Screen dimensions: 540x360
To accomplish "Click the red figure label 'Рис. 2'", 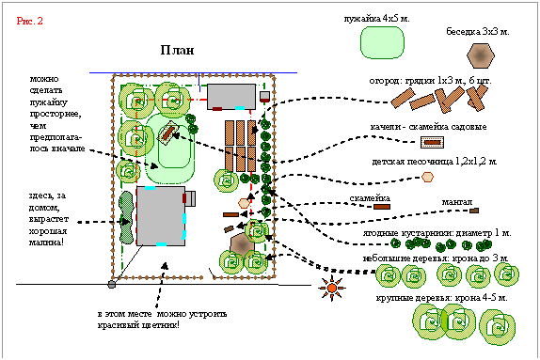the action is click(x=29, y=21).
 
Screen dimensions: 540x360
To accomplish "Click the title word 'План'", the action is click(x=177, y=50).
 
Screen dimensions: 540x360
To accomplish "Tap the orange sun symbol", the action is click(x=332, y=288).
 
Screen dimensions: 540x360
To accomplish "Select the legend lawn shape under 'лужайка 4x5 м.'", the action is click(x=382, y=42).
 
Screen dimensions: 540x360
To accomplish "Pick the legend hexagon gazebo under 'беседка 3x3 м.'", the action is click(x=481, y=55).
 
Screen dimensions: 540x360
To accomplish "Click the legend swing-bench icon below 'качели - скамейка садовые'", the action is click(x=432, y=142).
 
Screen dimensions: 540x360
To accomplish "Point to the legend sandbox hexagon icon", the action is click(x=427, y=177).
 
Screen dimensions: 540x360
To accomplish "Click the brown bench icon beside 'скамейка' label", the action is click(x=382, y=207).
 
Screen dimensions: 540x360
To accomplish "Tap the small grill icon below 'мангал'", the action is click(x=474, y=211).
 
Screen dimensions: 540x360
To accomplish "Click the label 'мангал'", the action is click(x=457, y=202).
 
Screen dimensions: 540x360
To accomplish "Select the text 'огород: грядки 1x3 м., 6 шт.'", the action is click(x=430, y=81).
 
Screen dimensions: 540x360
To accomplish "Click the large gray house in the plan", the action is click(x=161, y=216).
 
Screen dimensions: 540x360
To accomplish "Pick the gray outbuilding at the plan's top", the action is click(x=231, y=97).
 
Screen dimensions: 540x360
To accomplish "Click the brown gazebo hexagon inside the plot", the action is click(x=242, y=245).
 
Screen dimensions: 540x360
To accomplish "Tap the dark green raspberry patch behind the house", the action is click(x=126, y=217).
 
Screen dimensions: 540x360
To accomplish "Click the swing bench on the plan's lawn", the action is click(x=167, y=132).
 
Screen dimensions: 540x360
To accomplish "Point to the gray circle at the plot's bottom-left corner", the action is click(x=112, y=284).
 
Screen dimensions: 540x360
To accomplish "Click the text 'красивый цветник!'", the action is click(x=138, y=325).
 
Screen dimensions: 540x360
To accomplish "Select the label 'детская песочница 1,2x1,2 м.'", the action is click(x=435, y=162).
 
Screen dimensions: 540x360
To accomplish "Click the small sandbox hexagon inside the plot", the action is click(x=244, y=203).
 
